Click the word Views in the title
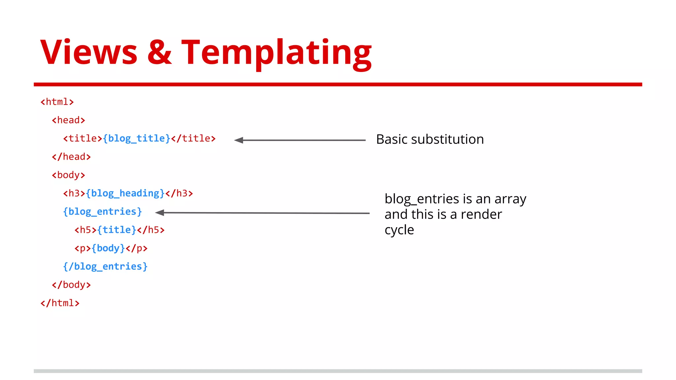(x=88, y=52)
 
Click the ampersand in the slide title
(x=159, y=52)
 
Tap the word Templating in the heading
(x=276, y=53)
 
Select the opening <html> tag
(x=57, y=102)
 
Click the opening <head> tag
(x=68, y=120)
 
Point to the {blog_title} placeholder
(x=136, y=139)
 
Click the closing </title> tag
(x=193, y=139)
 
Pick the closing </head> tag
(x=71, y=157)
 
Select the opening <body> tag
(x=68, y=175)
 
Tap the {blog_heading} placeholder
(x=125, y=193)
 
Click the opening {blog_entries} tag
(x=102, y=211)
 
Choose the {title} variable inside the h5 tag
(x=117, y=230)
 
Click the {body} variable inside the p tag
(x=108, y=248)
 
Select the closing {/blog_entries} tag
(x=105, y=267)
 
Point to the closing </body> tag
(x=71, y=285)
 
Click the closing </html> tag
(x=60, y=303)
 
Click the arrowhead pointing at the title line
(x=238, y=140)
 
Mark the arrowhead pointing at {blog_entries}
(x=159, y=213)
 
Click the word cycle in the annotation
(x=399, y=230)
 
